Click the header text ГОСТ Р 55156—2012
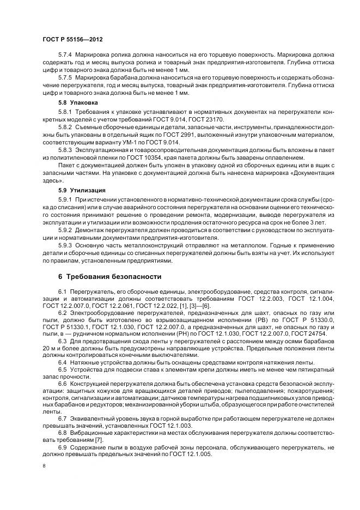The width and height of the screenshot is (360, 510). (72, 40)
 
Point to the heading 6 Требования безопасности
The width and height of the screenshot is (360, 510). (109, 276)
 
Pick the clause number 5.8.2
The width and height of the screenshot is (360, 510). (65, 126)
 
